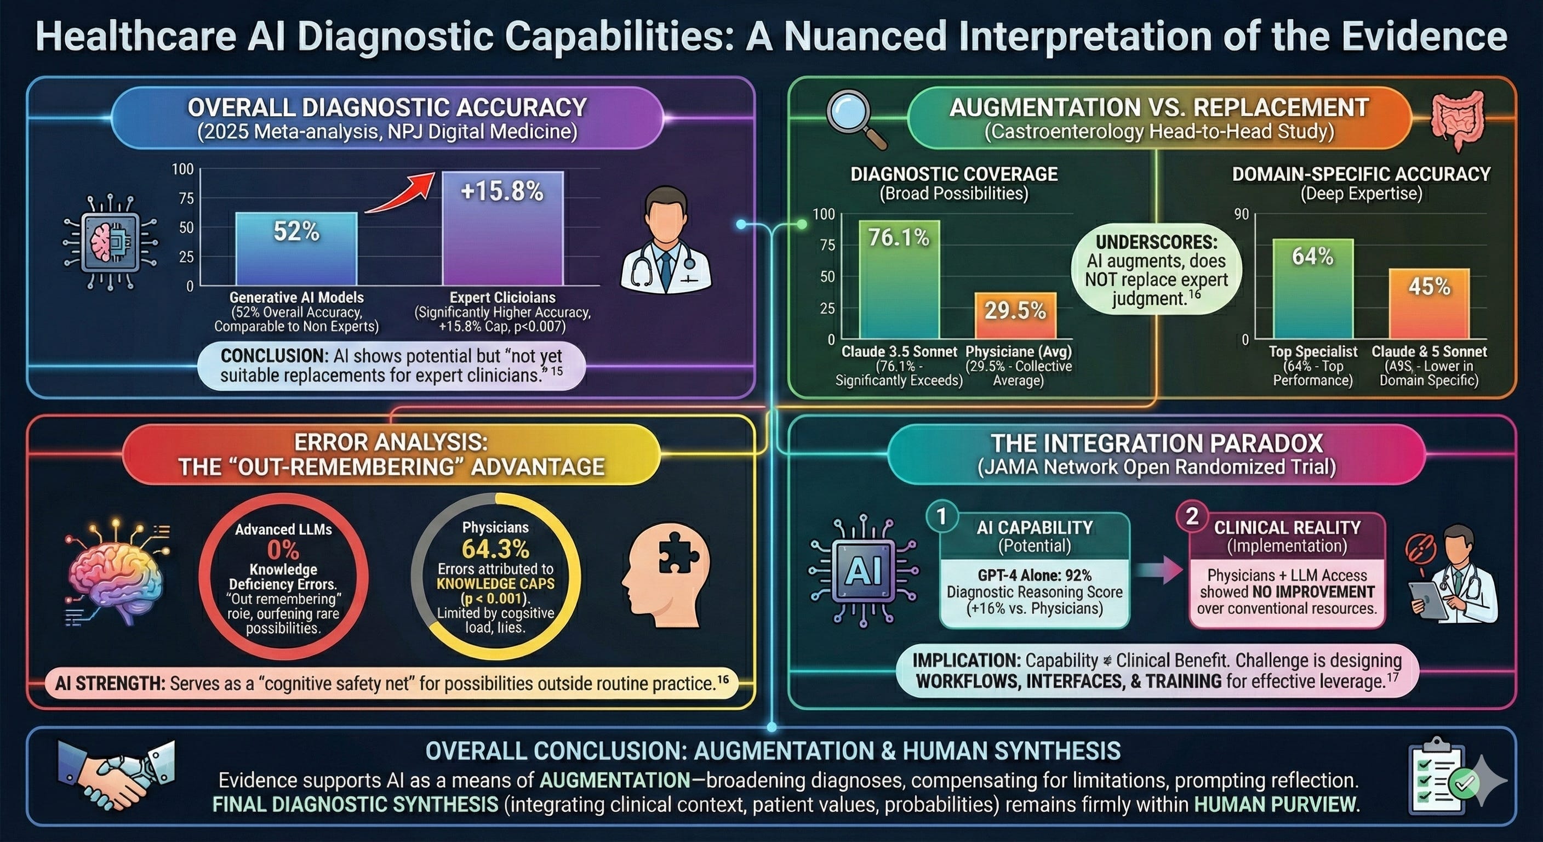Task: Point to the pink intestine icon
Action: pyautogui.click(x=1458, y=121)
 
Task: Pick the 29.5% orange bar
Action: pyautogui.click(x=1015, y=315)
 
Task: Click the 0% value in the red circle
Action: pyautogui.click(x=283, y=549)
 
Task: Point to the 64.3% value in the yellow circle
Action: pyautogui.click(x=495, y=549)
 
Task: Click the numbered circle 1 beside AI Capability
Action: pyautogui.click(x=941, y=516)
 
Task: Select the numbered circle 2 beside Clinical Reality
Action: pyautogui.click(x=1192, y=516)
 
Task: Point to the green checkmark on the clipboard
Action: pyautogui.click(x=1465, y=782)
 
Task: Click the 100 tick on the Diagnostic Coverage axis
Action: pyautogui.click(x=824, y=214)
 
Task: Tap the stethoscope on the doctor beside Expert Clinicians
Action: pyautogui.click(x=642, y=270)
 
